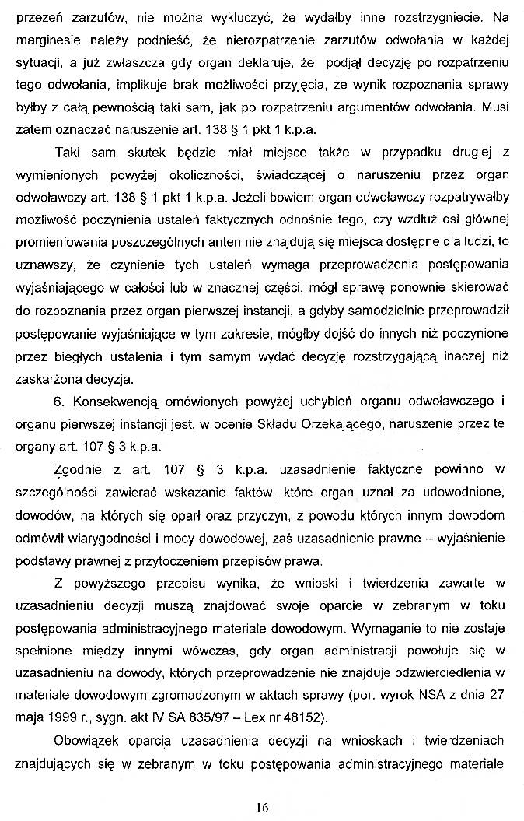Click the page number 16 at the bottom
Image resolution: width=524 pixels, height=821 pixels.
(x=262, y=808)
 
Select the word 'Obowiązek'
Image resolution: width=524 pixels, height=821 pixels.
(x=89, y=740)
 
